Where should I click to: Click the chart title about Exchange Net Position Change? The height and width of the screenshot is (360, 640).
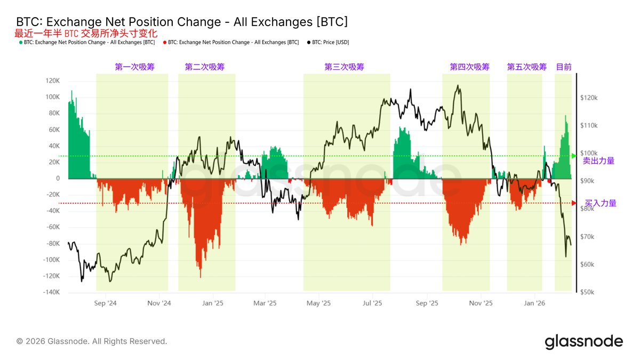tap(182, 22)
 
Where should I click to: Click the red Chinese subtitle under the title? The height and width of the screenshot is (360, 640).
tap(86, 33)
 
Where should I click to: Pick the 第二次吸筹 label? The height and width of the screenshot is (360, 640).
tap(205, 67)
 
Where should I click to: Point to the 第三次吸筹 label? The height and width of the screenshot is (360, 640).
tap(345, 67)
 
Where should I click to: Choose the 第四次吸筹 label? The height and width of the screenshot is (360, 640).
tap(469, 67)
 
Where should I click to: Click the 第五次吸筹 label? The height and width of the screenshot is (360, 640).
tap(527, 67)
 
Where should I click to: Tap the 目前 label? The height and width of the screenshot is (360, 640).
tap(564, 67)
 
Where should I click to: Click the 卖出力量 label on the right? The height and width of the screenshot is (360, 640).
tap(598, 161)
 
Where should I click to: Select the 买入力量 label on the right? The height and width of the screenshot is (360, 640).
tap(601, 203)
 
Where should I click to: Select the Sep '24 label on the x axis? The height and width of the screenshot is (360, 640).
tap(105, 303)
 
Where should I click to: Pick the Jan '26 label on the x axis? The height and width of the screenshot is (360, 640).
tap(534, 303)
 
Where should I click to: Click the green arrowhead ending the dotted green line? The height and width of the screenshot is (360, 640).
tap(574, 156)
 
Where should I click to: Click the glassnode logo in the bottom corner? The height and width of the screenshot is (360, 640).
tap(583, 341)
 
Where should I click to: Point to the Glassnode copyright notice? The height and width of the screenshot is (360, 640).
tap(92, 341)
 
